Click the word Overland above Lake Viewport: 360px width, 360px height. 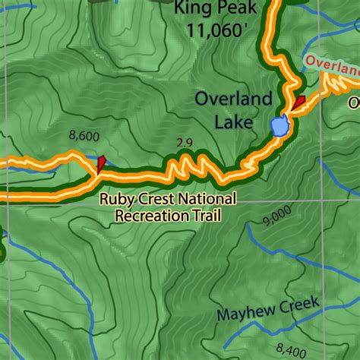pyautogui.click(x=233, y=99)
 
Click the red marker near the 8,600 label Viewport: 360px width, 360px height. pyautogui.click(x=101, y=163)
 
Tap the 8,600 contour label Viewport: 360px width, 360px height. pyautogui.click(x=84, y=136)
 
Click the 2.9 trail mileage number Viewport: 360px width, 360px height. pyautogui.click(x=182, y=142)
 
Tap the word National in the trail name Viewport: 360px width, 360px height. pyautogui.click(x=208, y=200)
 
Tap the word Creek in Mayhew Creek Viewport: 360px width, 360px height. pyautogui.click(x=299, y=307)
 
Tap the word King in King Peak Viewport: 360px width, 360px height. pyautogui.click(x=193, y=9)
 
